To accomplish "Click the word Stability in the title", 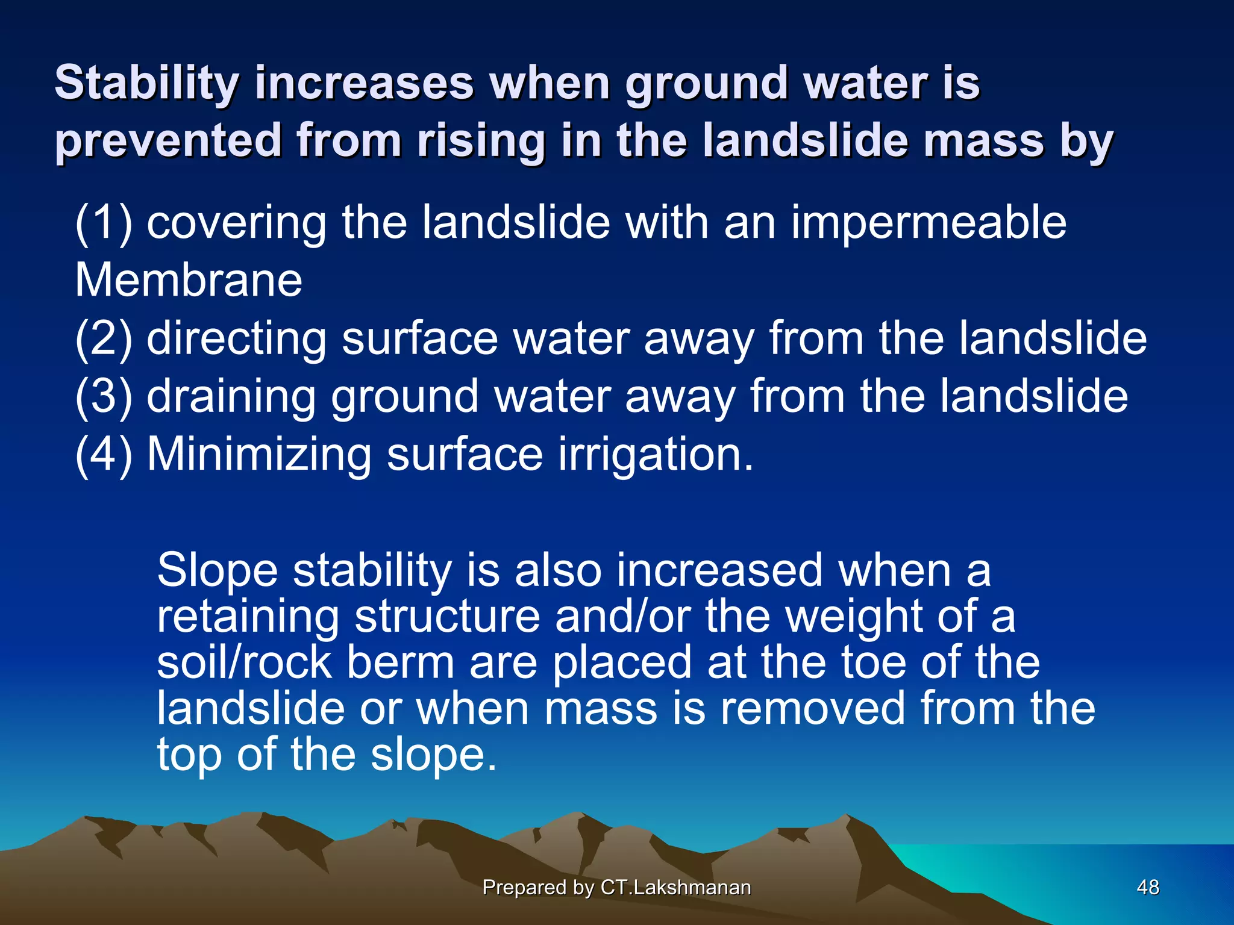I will (146, 83).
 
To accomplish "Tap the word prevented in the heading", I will (168, 141).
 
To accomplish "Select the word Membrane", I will (188, 281).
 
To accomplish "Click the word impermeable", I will (928, 223).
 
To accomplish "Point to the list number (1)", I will (103, 224).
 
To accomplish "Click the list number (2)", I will (103, 340).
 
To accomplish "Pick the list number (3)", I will (103, 397).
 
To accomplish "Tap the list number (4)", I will (103, 455).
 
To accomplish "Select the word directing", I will (236, 340).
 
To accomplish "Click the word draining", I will (231, 397).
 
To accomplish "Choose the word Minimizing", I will (259, 454).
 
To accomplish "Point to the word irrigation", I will (656, 455).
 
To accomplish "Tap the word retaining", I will (248, 617).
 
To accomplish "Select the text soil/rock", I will (244, 662).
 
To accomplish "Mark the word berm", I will (401, 662).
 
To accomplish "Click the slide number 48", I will (1147, 887).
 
